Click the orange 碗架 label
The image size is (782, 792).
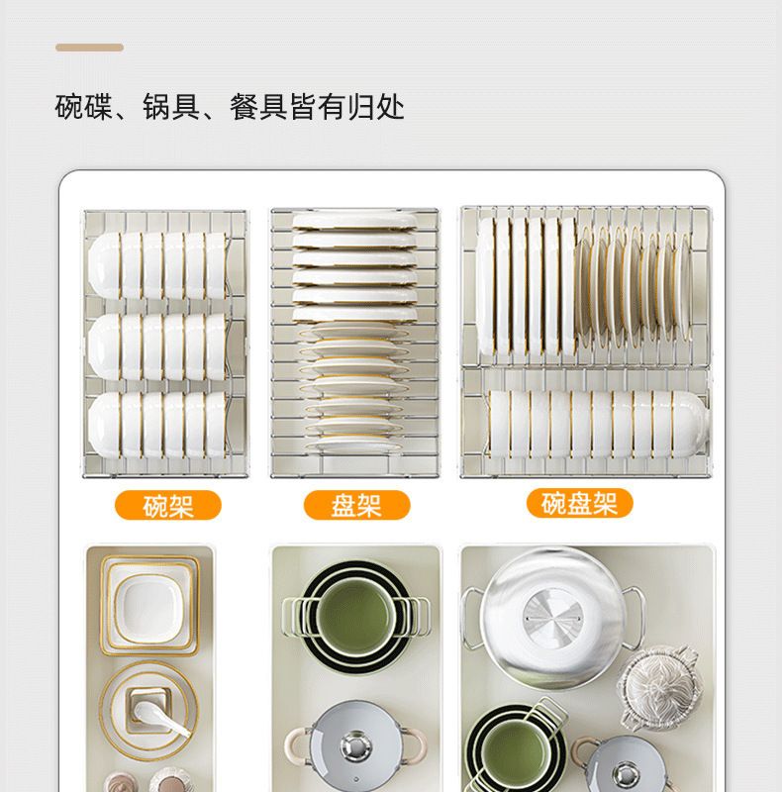168,505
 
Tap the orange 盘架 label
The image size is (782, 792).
356,505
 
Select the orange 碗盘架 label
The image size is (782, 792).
579,503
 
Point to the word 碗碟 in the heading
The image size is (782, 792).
84,107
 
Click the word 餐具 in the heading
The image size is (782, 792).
259,107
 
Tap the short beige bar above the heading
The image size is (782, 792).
89,48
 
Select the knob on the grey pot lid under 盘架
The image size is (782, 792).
356,745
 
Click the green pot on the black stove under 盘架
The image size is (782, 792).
355,617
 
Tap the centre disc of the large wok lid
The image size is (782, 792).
553,617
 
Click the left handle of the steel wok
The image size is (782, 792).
471,617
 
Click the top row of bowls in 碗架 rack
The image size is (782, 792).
157,265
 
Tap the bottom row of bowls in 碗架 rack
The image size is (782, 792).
157,425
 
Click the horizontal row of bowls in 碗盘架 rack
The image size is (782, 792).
597,424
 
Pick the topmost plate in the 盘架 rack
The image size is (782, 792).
355,221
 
